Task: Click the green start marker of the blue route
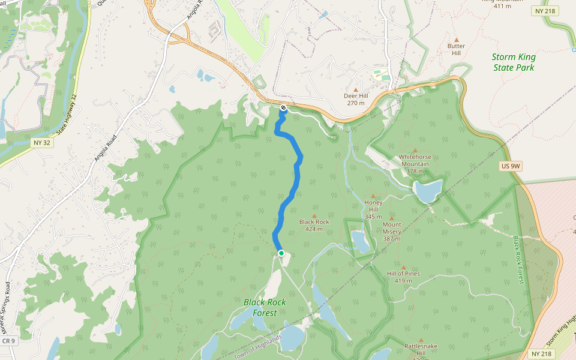point(281,253)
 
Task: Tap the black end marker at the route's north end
point(283,108)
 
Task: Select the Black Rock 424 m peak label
point(314,225)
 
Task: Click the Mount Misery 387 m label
point(392,228)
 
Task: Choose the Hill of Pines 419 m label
point(403,277)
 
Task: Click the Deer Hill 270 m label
point(356,99)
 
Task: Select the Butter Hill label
point(456,49)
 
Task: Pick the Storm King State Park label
point(514,62)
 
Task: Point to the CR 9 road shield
point(8,341)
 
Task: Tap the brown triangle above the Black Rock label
point(314,215)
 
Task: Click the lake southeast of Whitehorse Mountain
point(428,191)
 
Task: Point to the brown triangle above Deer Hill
point(356,89)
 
